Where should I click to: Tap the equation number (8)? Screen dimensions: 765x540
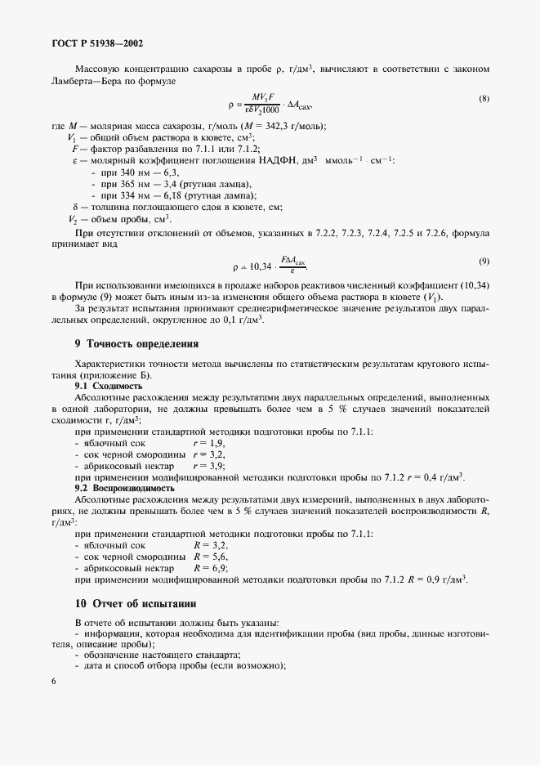(x=484, y=99)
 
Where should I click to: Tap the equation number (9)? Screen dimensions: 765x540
(x=484, y=261)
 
